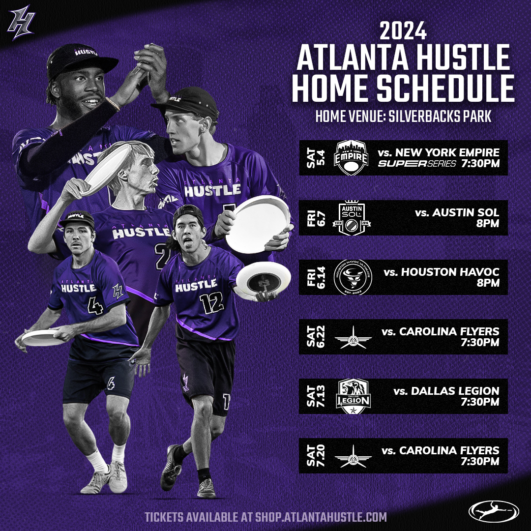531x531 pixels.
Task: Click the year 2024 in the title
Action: pyautogui.click(x=403, y=31)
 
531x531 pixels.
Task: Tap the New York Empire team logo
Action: pyautogui.click(x=351, y=158)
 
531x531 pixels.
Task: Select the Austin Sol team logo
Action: pyautogui.click(x=352, y=218)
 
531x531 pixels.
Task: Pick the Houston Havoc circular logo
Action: pyautogui.click(x=353, y=277)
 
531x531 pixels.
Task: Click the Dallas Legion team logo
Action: pyautogui.click(x=353, y=396)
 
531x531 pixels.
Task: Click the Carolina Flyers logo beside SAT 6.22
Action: pyautogui.click(x=353, y=337)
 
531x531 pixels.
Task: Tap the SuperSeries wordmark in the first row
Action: pyautogui.click(x=417, y=164)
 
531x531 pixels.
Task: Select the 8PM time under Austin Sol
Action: pyautogui.click(x=488, y=224)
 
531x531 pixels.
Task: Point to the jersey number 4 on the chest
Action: pyautogui.click(x=95, y=306)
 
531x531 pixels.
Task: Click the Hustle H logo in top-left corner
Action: pyautogui.click(x=21, y=23)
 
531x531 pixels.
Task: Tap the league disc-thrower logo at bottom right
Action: pyautogui.click(x=494, y=510)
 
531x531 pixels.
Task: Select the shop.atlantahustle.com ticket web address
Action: pyautogui.click(x=321, y=517)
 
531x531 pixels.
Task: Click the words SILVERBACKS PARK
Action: pyautogui.click(x=440, y=117)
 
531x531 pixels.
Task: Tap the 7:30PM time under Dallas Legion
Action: pyautogui.click(x=480, y=402)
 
